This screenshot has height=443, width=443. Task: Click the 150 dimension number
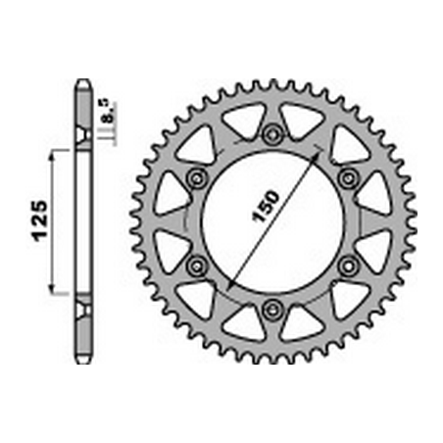266,207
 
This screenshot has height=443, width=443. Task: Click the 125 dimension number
39,221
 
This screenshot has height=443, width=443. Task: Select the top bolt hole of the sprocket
272,133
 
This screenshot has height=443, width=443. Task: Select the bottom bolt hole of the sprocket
272,309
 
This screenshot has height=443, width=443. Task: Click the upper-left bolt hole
197,178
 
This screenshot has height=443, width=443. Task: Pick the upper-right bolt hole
348,178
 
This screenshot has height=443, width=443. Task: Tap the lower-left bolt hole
197,266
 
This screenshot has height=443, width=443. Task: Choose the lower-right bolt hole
348,266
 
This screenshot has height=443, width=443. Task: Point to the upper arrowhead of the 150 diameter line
315,156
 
